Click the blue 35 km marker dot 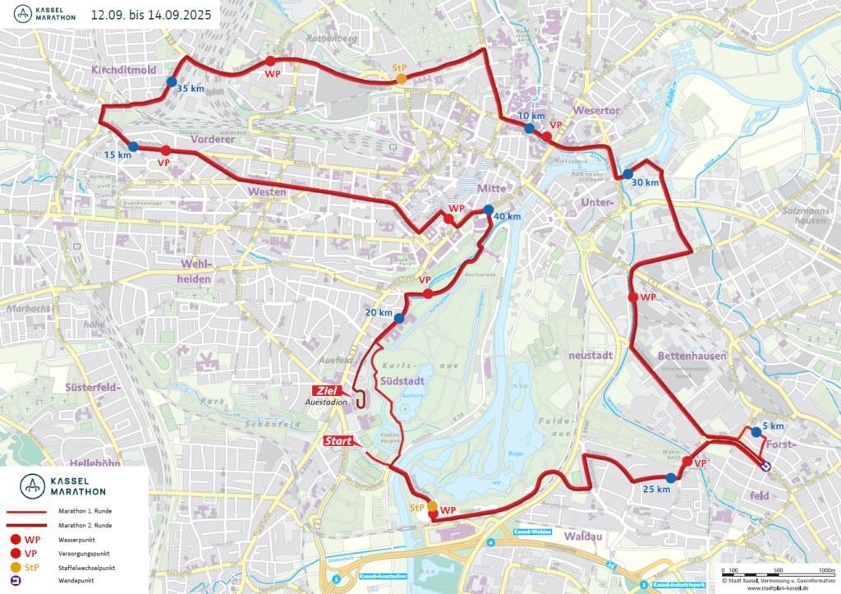(x=171, y=81)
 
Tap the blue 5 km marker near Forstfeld (x=756, y=431)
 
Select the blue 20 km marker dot (x=399, y=319)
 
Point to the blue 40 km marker (x=489, y=209)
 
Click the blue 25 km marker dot (x=671, y=478)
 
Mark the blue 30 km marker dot (x=627, y=174)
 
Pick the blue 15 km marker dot (x=134, y=146)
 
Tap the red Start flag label (x=338, y=441)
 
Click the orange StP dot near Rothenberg (x=401, y=78)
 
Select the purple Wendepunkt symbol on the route (x=765, y=465)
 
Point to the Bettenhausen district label (x=692, y=356)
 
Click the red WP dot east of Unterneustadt (x=632, y=297)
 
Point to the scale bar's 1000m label (x=825, y=569)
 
